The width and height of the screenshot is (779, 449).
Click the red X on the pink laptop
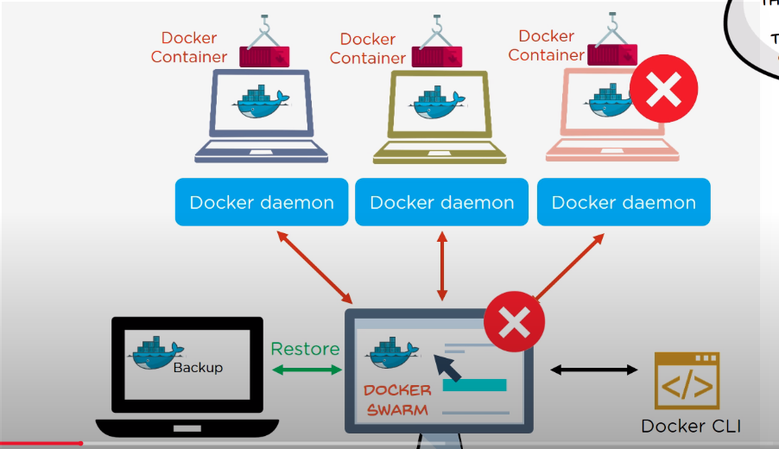663,88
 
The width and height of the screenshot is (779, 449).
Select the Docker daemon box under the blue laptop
262,203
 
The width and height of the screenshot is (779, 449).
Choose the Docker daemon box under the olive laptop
442,203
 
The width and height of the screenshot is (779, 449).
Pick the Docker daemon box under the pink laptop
624,203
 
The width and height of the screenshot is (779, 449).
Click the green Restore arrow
307,370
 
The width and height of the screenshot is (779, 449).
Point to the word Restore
305,349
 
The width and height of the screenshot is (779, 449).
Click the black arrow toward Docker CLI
594,370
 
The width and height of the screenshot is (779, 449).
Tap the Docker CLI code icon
687,380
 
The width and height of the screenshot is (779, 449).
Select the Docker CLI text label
691,426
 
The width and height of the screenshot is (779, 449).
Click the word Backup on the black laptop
198,367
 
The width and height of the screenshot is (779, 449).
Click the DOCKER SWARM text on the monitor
398,399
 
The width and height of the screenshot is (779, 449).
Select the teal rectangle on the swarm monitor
474,384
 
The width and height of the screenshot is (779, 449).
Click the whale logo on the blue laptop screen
260,103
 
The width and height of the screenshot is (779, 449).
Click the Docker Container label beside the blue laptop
189,47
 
